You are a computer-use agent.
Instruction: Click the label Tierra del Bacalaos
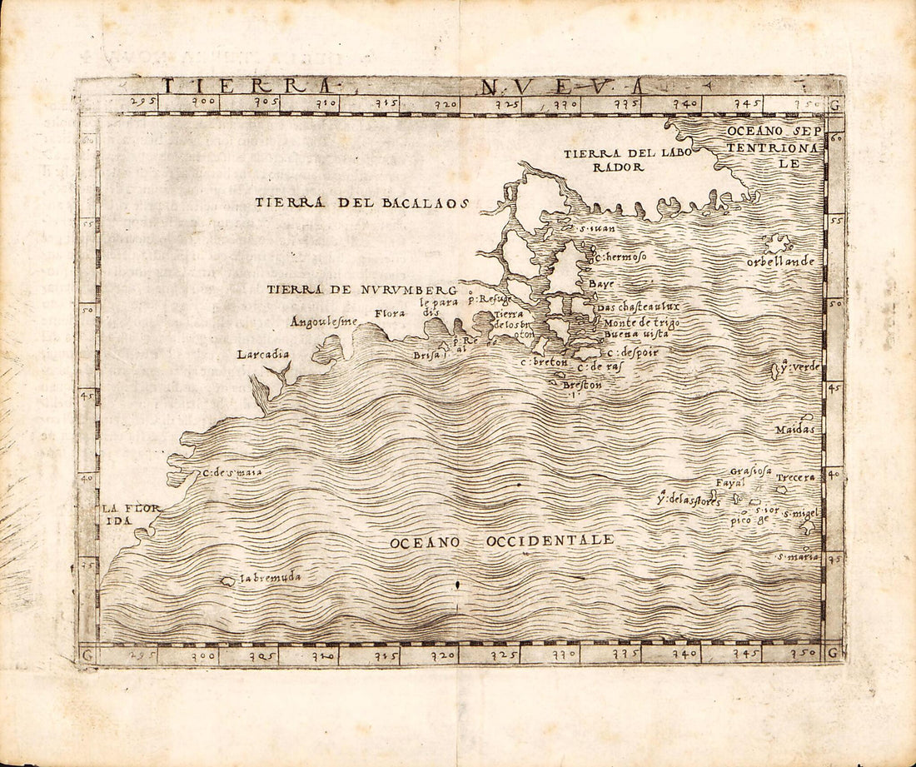click(x=362, y=202)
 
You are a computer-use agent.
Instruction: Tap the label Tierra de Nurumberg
click(x=362, y=290)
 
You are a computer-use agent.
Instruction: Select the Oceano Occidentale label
click(x=502, y=541)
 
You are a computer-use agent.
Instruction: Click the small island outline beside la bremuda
click(x=227, y=580)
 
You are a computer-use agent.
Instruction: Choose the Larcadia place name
click(x=263, y=354)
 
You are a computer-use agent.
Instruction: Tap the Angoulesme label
click(x=323, y=321)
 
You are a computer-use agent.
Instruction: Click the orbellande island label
click(x=780, y=261)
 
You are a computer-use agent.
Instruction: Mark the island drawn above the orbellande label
click(x=778, y=243)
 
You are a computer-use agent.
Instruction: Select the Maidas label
click(x=794, y=430)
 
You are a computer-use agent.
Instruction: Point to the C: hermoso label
click(x=620, y=257)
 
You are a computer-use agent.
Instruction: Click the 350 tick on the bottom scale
click(x=803, y=654)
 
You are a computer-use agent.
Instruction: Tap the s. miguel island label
click(x=800, y=514)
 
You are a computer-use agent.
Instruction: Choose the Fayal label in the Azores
click(x=729, y=482)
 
